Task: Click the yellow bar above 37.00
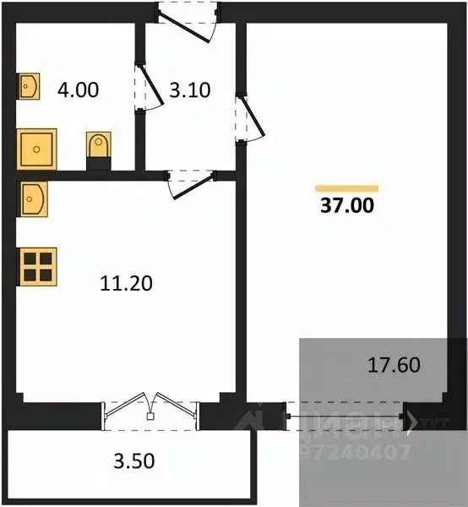(x=346, y=188)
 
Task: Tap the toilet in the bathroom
(x=98, y=147)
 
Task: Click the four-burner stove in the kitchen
(x=36, y=265)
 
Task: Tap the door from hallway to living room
(x=251, y=116)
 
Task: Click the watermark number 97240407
(x=356, y=453)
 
